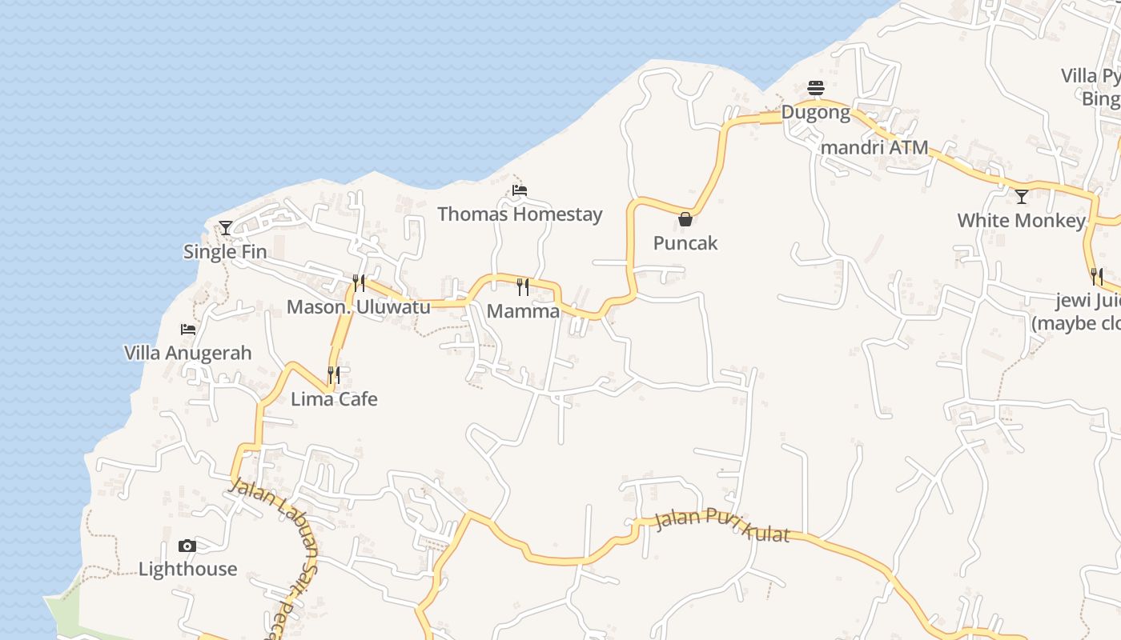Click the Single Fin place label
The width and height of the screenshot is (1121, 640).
(x=225, y=252)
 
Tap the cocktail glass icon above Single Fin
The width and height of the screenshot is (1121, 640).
(x=226, y=228)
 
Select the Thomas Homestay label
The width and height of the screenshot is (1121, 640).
(x=520, y=214)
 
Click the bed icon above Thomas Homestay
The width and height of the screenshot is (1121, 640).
(x=520, y=190)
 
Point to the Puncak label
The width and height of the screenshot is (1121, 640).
(x=685, y=243)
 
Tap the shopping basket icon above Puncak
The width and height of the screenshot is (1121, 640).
(x=685, y=219)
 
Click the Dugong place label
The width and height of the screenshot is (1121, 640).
(x=815, y=112)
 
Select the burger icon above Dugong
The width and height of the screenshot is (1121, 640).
(x=816, y=87)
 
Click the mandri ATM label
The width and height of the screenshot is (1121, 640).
(x=874, y=147)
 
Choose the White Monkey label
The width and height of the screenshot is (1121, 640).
(x=1021, y=220)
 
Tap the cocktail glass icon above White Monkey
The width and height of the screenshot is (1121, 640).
(x=1022, y=196)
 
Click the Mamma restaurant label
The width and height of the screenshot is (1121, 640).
(x=523, y=311)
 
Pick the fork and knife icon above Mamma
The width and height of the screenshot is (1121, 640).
(x=523, y=286)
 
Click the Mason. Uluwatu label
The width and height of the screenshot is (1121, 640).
(x=358, y=307)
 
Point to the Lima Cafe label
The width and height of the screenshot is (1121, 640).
(x=334, y=399)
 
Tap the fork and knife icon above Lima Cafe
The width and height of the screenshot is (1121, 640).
(x=334, y=374)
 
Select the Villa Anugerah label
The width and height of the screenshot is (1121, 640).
(x=187, y=353)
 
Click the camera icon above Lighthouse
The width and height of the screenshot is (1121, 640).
(x=187, y=546)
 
